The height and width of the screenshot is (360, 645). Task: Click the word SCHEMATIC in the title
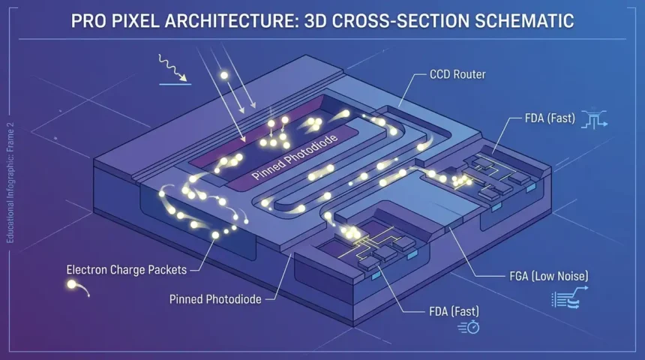pos(524,21)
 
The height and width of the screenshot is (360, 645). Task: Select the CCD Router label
pos(457,74)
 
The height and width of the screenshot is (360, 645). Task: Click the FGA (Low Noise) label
pos(549,276)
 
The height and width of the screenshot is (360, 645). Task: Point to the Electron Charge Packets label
pos(126,270)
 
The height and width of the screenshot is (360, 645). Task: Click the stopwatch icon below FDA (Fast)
pos(469,327)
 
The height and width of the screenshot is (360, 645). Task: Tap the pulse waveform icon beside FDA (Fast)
pos(594,118)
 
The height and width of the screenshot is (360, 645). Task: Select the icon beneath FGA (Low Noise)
pos(569,298)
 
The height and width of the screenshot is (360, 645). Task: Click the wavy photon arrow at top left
pos(172,67)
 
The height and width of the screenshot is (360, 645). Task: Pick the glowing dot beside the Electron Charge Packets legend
pos(71,284)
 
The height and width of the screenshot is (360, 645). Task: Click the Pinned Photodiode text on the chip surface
pos(295,156)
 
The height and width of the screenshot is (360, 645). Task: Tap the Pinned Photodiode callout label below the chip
pos(215,299)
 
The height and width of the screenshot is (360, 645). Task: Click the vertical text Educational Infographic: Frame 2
pos(10,183)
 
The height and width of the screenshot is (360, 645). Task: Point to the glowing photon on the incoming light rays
pos(224,75)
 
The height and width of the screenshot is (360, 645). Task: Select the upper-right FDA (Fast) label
pos(550,118)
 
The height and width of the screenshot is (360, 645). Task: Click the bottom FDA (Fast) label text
pos(454,311)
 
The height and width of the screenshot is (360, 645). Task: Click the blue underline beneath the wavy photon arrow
pos(175,84)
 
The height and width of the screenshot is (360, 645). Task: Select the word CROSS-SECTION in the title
pos(400,21)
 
